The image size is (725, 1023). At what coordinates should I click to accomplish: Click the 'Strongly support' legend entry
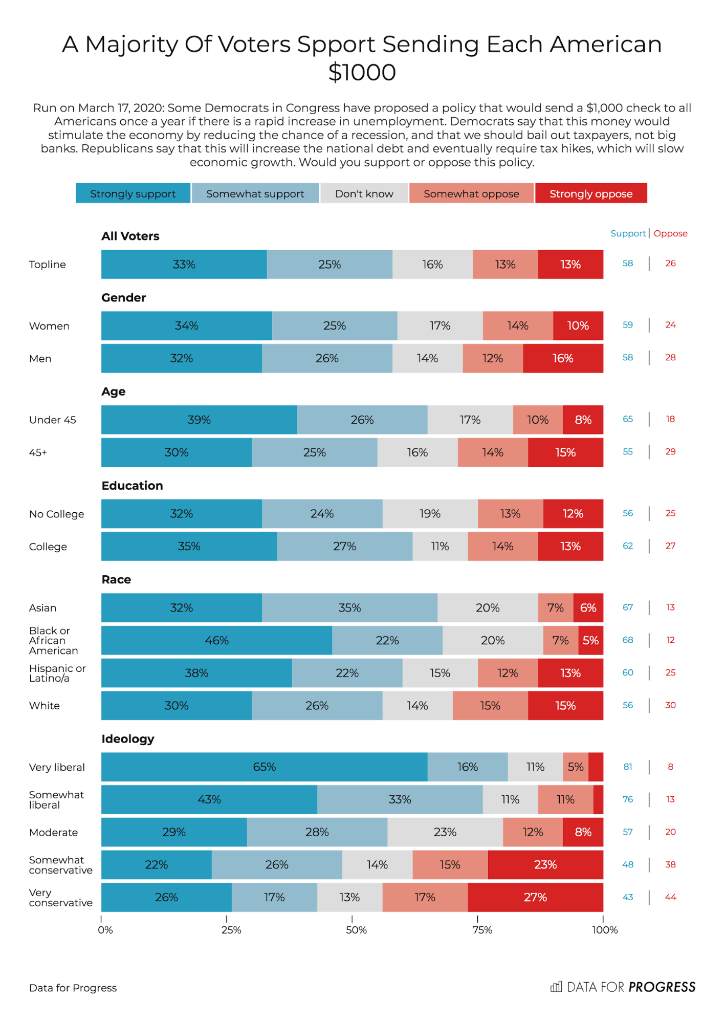click(133, 193)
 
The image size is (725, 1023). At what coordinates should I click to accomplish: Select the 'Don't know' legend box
click(364, 193)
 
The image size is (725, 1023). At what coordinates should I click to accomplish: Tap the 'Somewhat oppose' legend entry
click(471, 193)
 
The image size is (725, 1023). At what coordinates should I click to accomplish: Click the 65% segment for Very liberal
click(264, 767)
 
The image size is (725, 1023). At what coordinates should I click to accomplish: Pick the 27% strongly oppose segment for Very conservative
click(535, 897)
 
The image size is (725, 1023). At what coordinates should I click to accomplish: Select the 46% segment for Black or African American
click(216, 640)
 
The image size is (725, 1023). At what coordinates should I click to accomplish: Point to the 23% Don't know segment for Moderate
click(445, 832)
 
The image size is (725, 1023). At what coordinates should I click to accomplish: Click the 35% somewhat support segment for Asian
click(349, 607)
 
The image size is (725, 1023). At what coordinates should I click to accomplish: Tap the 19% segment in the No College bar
click(430, 514)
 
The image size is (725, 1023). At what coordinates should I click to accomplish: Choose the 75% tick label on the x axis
click(482, 930)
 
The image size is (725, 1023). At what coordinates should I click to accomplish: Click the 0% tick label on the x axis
click(105, 930)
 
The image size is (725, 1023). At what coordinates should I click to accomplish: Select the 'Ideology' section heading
click(128, 738)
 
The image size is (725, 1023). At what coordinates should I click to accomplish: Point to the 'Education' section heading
click(132, 486)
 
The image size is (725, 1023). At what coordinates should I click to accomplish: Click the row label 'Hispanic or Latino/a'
click(57, 673)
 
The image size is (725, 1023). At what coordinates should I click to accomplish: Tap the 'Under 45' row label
click(53, 420)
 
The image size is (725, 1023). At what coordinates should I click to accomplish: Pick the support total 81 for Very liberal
click(628, 767)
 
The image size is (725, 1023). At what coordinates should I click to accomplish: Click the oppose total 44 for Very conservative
click(670, 897)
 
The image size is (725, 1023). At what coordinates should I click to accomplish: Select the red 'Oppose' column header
click(670, 233)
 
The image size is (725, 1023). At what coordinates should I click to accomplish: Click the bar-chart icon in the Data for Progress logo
click(556, 987)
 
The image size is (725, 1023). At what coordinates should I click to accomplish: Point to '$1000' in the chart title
click(362, 72)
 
